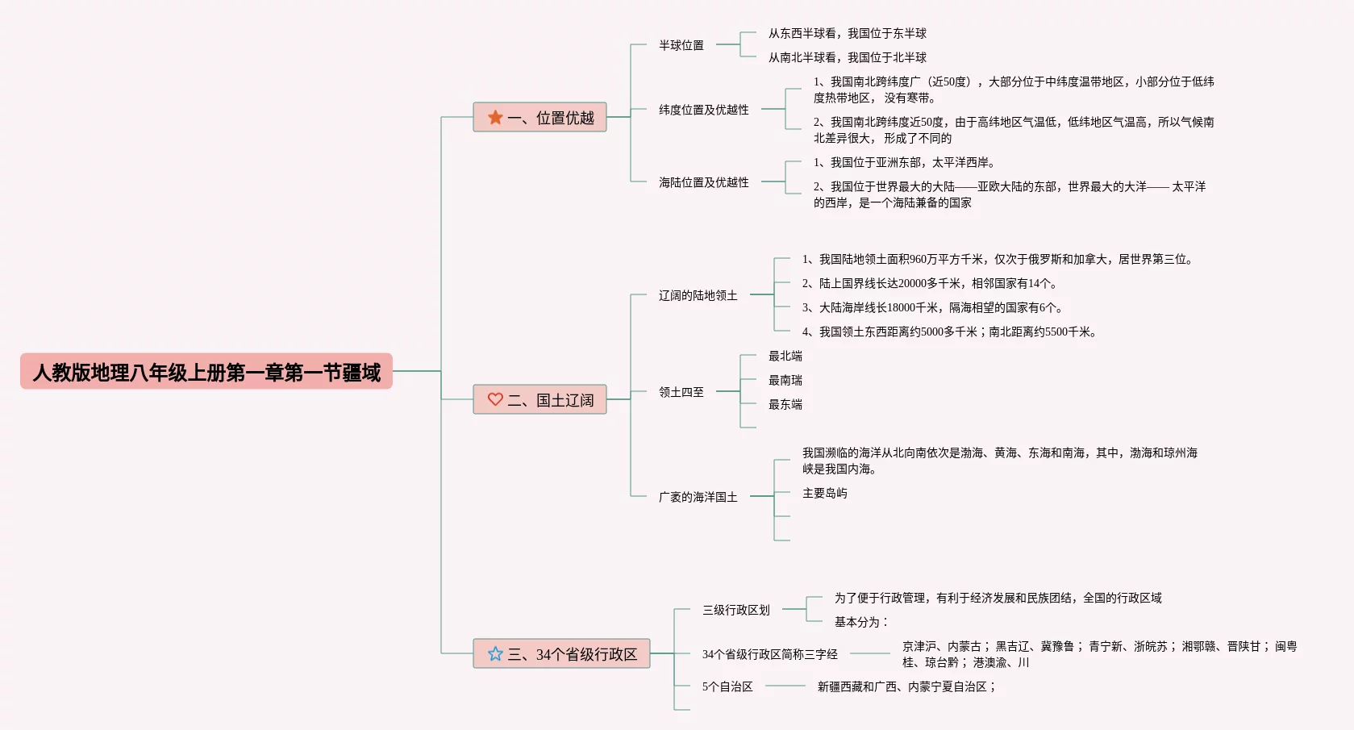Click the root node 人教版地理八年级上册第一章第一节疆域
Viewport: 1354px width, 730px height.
coord(206,372)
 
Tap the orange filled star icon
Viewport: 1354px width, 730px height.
coord(495,118)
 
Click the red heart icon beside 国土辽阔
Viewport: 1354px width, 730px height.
coord(495,399)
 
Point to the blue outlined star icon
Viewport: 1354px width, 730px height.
coord(495,653)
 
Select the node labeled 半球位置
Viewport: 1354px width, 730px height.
coord(681,45)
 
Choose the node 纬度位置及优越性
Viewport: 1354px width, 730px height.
coord(703,110)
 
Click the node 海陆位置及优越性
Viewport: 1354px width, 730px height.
coord(703,182)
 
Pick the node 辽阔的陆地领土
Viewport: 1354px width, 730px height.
coord(698,295)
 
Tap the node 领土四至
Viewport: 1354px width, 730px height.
coord(681,392)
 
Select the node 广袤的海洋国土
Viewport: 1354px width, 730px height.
coord(698,497)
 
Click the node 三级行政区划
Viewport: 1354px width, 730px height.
coord(735,610)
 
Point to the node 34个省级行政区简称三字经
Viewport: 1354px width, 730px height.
coord(769,654)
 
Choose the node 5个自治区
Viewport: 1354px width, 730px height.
coord(727,686)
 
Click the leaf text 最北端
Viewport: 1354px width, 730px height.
coord(785,356)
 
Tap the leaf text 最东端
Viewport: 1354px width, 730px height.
coord(785,404)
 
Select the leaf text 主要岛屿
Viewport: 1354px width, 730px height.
coord(824,493)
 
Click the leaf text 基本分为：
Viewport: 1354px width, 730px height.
coord(860,622)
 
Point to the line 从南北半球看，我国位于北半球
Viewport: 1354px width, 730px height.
coord(847,57)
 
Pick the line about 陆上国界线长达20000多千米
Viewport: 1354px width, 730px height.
coord(929,283)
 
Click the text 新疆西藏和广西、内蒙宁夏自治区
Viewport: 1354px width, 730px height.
coord(906,686)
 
